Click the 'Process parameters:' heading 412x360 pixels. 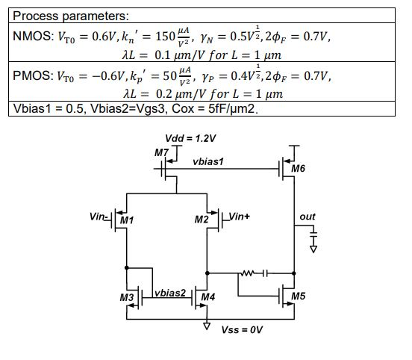(x=71, y=16)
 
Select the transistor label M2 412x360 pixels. (x=201, y=220)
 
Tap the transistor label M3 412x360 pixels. (x=127, y=298)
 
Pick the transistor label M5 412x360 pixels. (x=299, y=296)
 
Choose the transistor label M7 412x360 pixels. (x=161, y=152)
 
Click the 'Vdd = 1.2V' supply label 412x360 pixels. (x=190, y=139)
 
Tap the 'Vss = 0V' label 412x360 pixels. (x=243, y=329)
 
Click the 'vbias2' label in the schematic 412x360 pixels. (x=171, y=292)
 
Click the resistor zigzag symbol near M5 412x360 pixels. (x=246, y=273)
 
